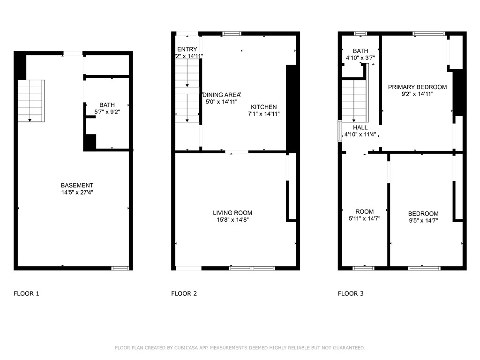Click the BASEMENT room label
tap(77, 185)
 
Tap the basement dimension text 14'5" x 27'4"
tap(77, 192)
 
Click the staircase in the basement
tap(31, 101)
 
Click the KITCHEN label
tap(263, 107)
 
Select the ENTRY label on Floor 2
tap(187, 49)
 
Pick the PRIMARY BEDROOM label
tap(417, 87)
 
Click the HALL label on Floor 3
tap(360, 127)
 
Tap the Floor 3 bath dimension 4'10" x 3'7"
tap(360, 58)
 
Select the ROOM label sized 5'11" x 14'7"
tap(364, 211)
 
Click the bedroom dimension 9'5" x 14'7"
tap(423, 220)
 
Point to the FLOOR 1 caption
tap(26, 294)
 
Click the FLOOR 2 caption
tap(184, 294)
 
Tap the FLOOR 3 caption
tap(351, 294)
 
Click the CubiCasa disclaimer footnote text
tap(240, 348)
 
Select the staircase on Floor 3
tap(354, 101)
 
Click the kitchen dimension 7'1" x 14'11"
tap(263, 113)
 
